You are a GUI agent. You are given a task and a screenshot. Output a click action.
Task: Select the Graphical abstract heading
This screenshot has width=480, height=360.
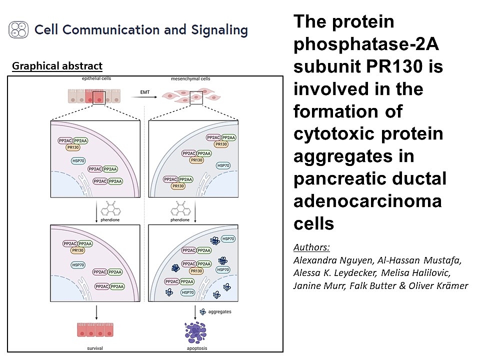(57, 66)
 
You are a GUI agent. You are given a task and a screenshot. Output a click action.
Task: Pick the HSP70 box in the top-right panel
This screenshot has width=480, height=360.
(223, 165)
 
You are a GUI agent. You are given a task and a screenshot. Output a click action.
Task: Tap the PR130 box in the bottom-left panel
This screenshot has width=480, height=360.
(77, 250)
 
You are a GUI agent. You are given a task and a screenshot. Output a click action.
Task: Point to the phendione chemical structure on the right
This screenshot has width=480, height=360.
(179, 205)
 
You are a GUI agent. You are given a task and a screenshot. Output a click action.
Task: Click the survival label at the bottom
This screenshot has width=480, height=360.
(93, 347)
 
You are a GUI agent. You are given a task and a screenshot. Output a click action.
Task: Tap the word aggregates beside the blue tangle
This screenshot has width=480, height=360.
(219, 311)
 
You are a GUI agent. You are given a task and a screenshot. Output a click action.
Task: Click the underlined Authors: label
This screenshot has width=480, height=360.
(312, 247)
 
